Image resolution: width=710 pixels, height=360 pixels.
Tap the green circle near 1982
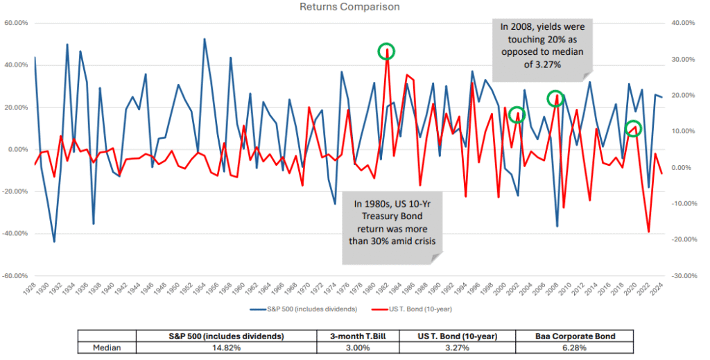[x=387, y=51]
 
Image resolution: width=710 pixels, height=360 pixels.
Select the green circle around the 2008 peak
[x=555, y=98]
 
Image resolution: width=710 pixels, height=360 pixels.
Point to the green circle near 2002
[x=517, y=115]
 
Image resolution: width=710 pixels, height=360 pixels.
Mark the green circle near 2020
[x=632, y=128]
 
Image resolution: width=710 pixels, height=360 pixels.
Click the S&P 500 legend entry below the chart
[x=305, y=307]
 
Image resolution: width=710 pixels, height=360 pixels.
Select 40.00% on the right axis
[x=684, y=23]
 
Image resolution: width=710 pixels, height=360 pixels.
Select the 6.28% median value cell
[x=574, y=348]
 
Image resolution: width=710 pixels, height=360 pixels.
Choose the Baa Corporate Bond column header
[x=574, y=336]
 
